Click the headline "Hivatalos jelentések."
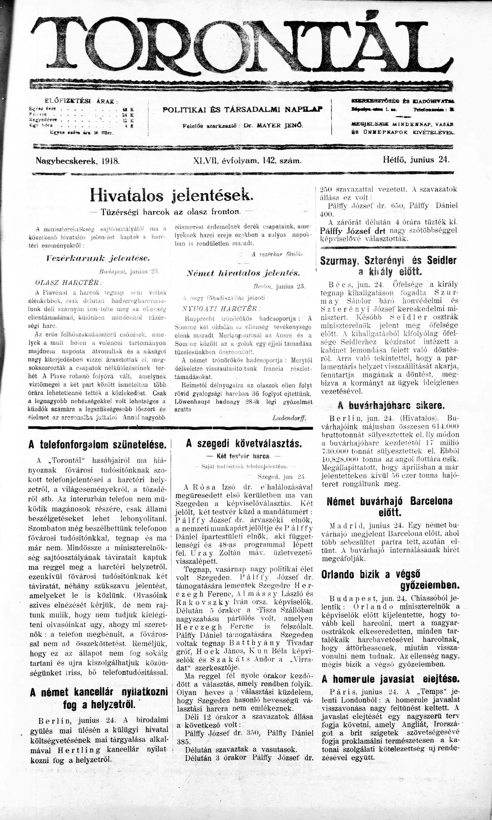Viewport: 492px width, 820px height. pyautogui.click(x=171, y=196)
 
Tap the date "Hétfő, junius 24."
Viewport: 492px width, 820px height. pyautogui.click(x=416, y=160)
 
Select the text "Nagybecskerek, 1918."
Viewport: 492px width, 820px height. pyautogui.click(x=77, y=161)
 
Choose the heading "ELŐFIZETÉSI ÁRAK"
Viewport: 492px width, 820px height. pyautogui.click(x=81, y=101)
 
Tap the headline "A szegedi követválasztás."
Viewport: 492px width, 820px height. pyautogui.click(x=244, y=444)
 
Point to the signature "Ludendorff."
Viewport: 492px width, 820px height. pyautogui.click(x=289, y=418)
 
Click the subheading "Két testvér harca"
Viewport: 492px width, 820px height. pyautogui.click(x=243, y=456)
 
